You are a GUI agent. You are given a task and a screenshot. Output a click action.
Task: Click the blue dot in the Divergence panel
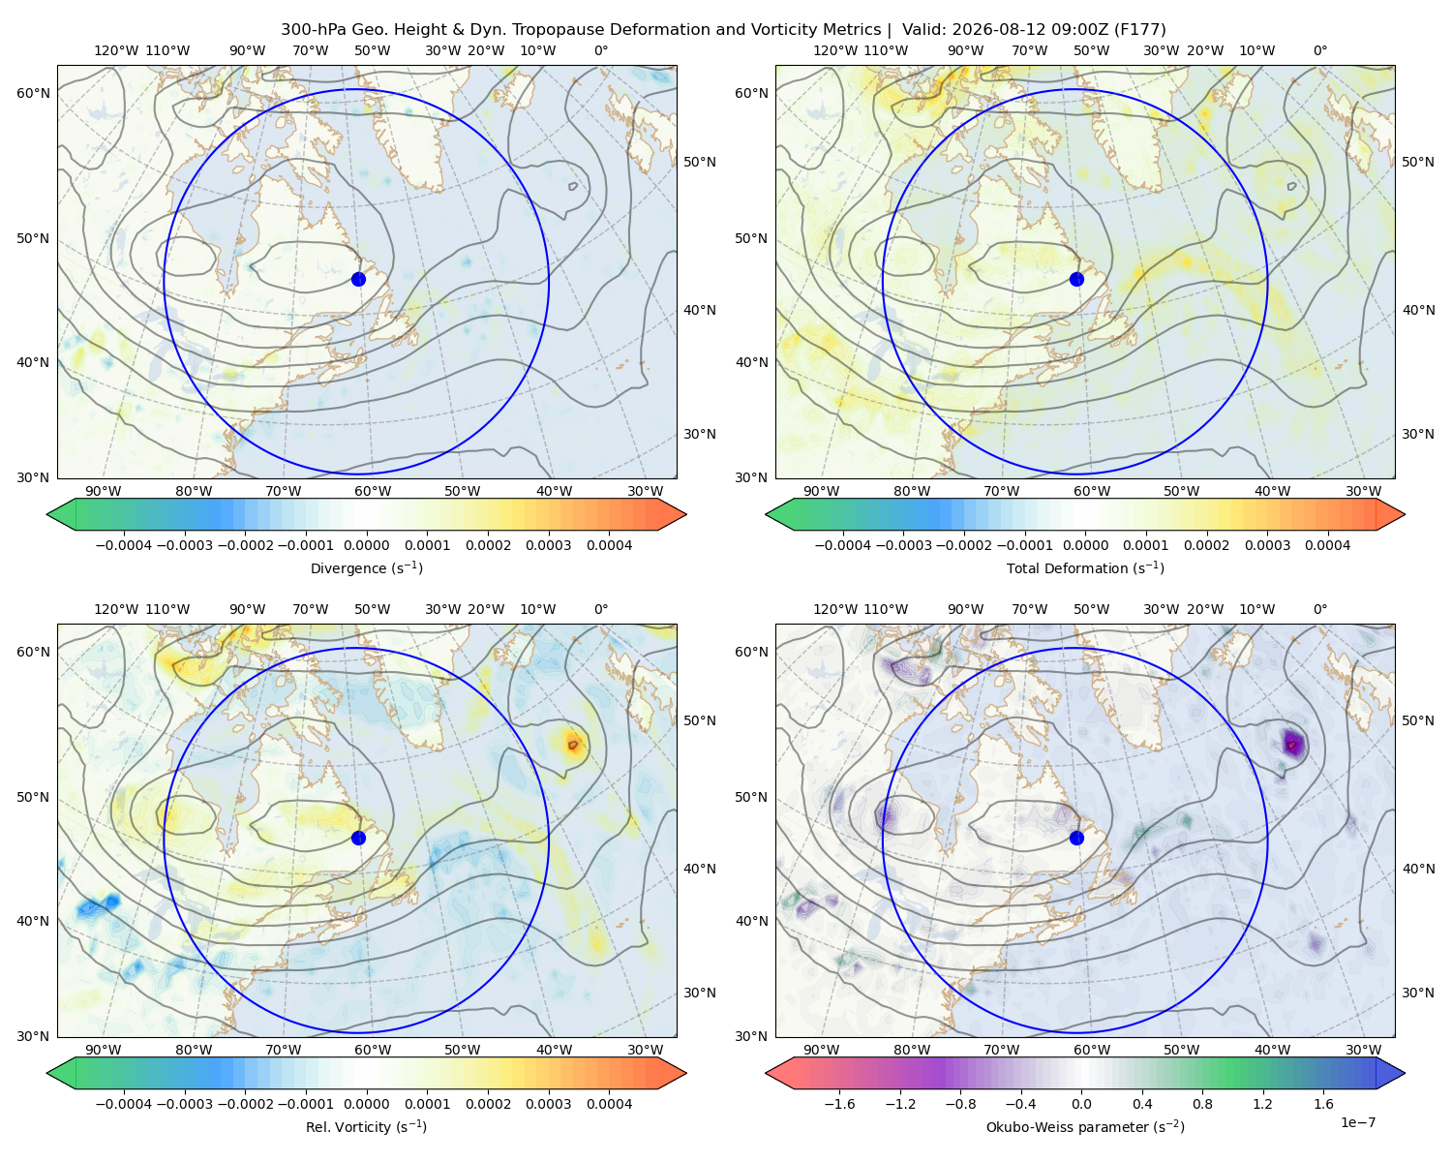pyautogui.click(x=358, y=279)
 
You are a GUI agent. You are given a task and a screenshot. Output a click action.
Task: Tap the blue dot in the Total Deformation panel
pyautogui.click(x=1076, y=279)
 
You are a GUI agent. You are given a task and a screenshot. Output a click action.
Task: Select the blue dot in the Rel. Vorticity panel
pyautogui.click(x=358, y=838)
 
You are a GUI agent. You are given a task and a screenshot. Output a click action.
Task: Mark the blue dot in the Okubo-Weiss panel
pyautogui.click(x=1076, y=838)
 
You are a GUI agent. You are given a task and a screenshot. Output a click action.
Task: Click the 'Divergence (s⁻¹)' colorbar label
pyautogui.click(x=366, y=567)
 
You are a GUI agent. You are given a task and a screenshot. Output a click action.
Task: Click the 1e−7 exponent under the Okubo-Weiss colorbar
pyautogui.click(x=1357, y=1122)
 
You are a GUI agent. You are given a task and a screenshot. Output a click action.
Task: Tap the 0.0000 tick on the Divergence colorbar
pyautogui.click(x=366, y=545)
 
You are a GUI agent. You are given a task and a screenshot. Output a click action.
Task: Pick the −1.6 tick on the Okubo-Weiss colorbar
pyautogui.click(x=839, y=1104)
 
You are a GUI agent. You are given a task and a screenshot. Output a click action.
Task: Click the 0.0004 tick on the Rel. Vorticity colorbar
pyautogui.click(x=609, y=1104)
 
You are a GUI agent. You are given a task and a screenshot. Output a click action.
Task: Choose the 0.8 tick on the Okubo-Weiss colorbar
pyautogui.click(x=1202, y=1104)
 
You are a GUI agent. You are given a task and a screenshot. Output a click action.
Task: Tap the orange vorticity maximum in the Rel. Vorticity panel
pyautogui.click(x=573, y=745)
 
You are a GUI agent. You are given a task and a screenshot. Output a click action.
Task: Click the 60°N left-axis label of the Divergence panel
pyautogui.click(x=33, y=93)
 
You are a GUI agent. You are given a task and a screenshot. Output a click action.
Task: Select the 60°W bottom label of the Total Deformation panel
pyautogui.click(x=1092, y=491)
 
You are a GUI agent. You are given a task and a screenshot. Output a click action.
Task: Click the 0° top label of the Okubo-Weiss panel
pyautogui.click(x=1319, y=609)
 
